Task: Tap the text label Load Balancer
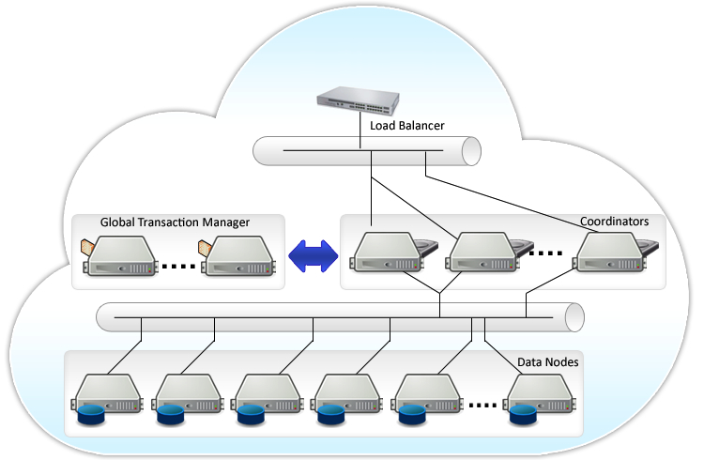pyautogui.click(x=407, y=125)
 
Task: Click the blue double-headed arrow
pyautogui.click(x=312, y=255)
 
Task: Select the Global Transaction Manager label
pyautogui.click(x=175, y=222)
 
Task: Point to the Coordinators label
pyautogui.click(x=614, y=222)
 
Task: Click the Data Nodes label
pyautogui.click(x=548, y=361)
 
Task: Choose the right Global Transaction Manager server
pyautogui.click(x=240, y=255)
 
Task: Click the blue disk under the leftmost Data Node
pyautogui.click(x=91, y=414)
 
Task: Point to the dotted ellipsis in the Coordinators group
pyautogui.click(x=545, y=253)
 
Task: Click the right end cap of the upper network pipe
pyautogui.click(x=471, y=151)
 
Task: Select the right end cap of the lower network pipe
pyautogui.click(x=574, y=317)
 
